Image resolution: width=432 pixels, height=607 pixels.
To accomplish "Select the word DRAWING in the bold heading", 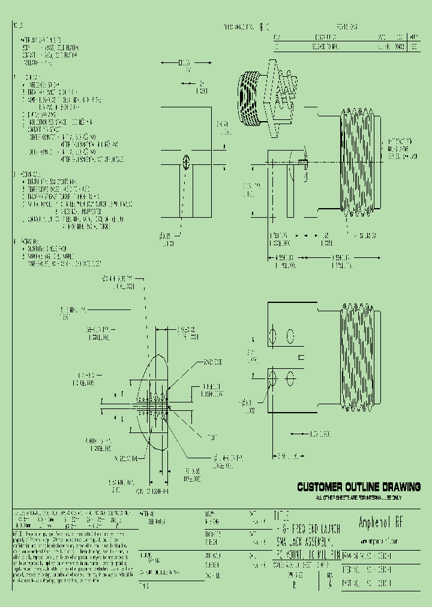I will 401,486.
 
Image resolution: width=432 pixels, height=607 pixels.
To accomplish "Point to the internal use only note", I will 359,498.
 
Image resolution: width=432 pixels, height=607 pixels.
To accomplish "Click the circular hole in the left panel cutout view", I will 186,162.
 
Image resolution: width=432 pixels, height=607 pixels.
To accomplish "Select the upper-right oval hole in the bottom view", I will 291,334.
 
